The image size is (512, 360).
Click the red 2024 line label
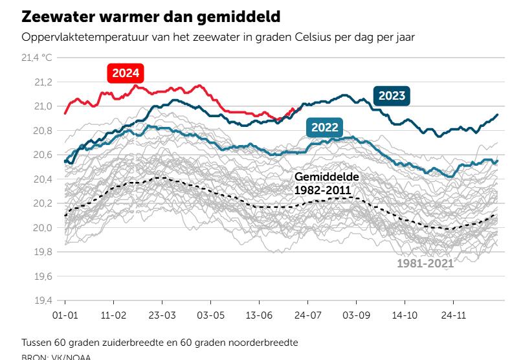(126, 73)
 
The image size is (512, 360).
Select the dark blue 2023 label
(392, 96)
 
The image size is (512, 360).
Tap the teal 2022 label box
(324, 127)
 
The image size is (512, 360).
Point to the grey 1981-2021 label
(425, 264)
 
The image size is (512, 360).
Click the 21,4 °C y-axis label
(37, 58)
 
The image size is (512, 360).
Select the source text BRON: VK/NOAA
(56, 356)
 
